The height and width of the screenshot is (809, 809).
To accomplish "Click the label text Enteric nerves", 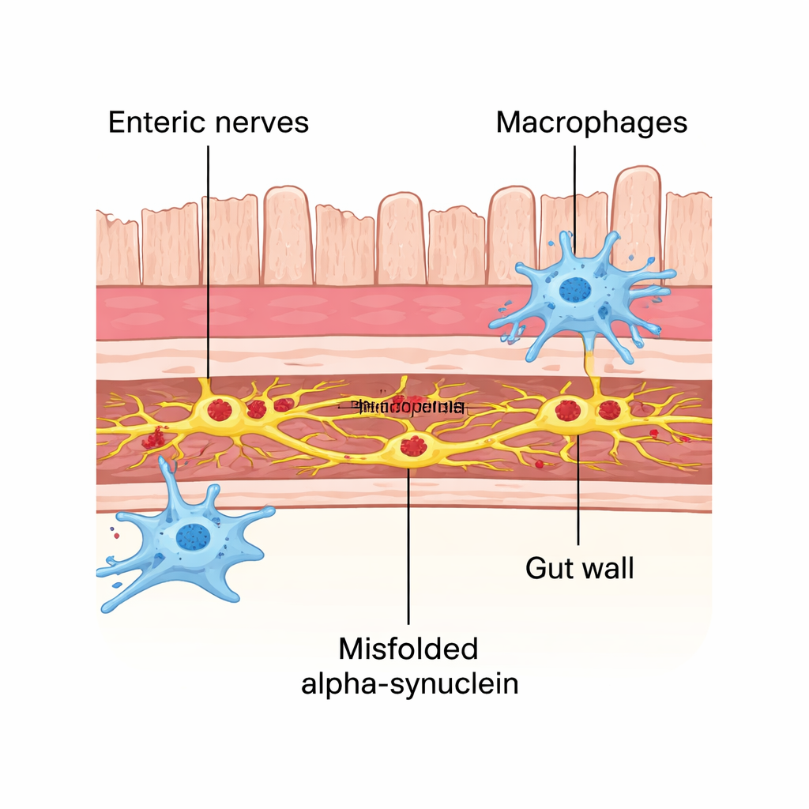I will [208, 123].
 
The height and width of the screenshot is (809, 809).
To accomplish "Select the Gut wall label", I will [579, 567].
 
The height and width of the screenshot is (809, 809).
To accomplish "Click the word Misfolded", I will [408, 649].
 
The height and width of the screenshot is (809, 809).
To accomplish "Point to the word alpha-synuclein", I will [409, 683].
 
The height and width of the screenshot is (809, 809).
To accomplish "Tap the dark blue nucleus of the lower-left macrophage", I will [193, 536].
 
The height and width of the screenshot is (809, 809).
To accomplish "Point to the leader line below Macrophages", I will [575, 190].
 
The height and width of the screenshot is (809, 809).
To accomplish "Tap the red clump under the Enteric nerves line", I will [220, 409].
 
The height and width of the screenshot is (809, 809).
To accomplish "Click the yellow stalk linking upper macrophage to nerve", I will [589, 363].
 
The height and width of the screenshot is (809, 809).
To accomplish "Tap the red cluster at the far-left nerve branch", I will [155, 437].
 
